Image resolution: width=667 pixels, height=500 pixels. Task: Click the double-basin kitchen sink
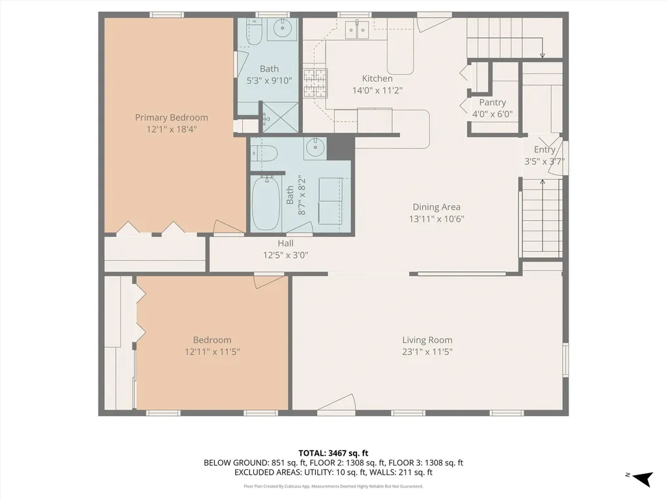[357, 29]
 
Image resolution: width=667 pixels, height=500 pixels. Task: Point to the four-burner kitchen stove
[315, 83]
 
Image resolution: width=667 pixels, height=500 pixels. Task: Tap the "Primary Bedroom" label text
[171, 118]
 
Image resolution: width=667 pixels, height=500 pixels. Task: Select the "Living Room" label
[427, 340]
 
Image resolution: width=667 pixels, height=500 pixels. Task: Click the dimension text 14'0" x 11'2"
[377, 90]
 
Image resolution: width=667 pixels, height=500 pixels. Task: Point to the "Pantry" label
[492, 103]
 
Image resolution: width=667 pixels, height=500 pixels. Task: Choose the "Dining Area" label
[436, 208]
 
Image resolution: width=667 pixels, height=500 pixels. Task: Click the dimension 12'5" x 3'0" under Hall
[285, 255]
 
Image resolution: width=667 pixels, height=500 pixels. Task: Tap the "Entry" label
[545, 150]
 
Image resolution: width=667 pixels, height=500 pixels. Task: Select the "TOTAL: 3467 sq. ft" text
[333, 452]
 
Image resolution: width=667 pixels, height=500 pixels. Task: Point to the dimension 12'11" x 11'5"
[212, 352]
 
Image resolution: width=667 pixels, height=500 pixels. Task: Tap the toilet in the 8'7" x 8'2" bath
[264, 154]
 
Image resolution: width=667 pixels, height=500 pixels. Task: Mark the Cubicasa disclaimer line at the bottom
[333, 486]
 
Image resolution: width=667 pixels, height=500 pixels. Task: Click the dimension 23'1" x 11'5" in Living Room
[427, 352]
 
